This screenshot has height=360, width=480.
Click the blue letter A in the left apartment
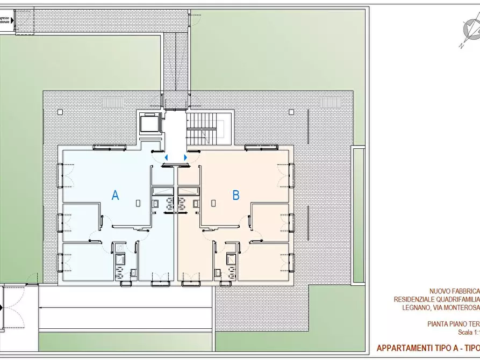114,195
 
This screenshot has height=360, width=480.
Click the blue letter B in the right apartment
235,195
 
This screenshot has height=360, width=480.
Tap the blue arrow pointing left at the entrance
166,157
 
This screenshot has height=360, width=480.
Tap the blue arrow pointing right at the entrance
185,157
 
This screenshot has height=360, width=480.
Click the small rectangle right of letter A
138,203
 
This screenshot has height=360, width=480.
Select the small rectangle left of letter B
214,203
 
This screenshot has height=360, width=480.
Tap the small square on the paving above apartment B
291,112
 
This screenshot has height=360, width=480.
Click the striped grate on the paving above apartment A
112,102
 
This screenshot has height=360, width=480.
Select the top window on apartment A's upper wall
109,147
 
